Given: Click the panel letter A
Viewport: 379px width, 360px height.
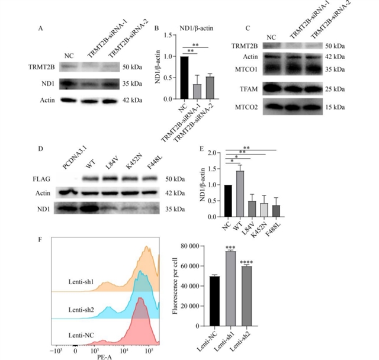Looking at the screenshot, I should click(41, 28).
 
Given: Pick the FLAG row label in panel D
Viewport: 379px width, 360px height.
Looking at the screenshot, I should click(49, 177).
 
